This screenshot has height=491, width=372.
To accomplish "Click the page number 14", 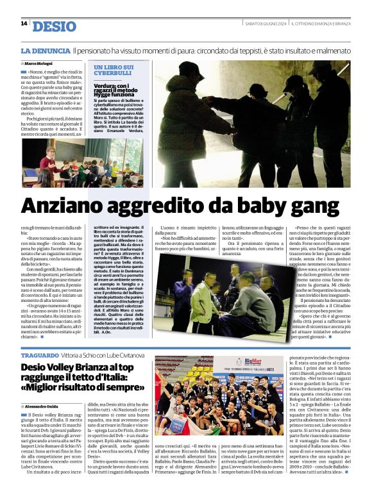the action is click(x=24, y=24).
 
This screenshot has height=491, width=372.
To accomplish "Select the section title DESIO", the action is click(x=53, y=26).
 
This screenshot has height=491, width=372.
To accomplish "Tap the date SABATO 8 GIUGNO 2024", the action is click(x=266, y=24).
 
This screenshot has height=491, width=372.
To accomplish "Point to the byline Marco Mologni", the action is click(x=39, y=63).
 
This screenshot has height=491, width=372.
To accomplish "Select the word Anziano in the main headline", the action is click(x=71, y=206).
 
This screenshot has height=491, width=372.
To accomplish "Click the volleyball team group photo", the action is click(x=219, y=395).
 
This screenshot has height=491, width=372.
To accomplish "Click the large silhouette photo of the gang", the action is click(x=253, y=122).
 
